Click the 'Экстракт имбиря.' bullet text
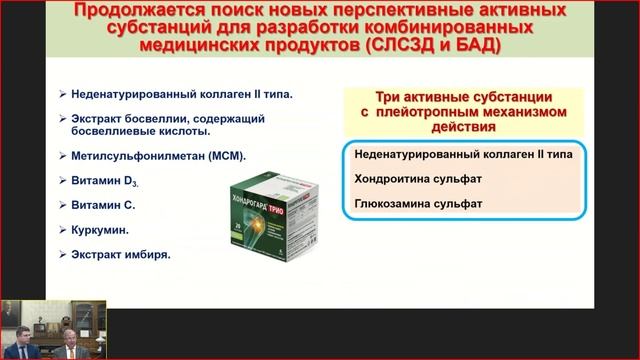(120, 253)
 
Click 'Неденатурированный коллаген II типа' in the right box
(461, 157)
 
